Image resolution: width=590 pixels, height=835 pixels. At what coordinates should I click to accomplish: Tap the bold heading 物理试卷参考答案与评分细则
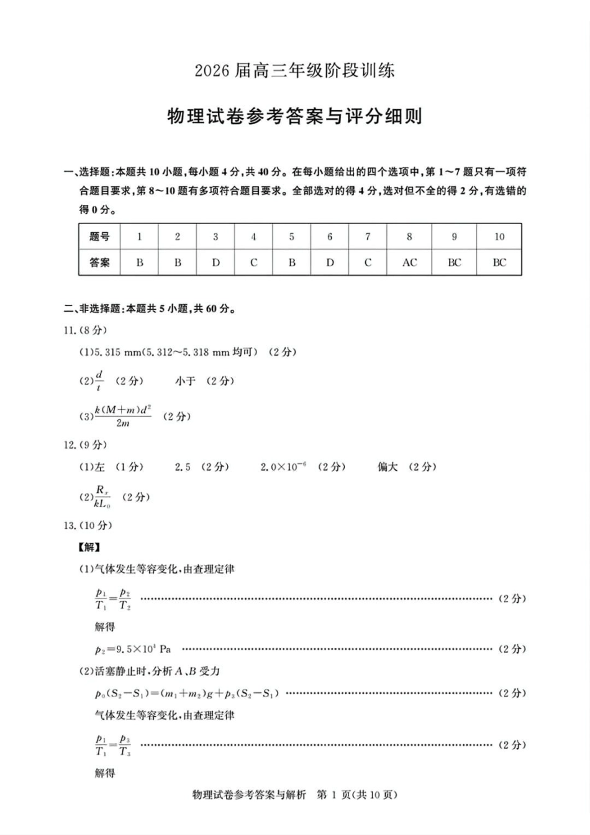pyautogui.click(x=294, y=116)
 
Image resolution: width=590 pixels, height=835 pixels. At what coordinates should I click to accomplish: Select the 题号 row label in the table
pyautogui.click(x=99, y=237)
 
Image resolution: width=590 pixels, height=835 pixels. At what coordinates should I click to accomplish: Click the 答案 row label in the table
pyautogui.click(x=99, y=263)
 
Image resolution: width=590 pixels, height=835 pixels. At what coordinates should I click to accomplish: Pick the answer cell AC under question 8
pyautogui.click(x=409, y=263)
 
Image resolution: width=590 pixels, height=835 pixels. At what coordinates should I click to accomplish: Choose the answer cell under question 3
pyautogui.click(x=216, y=263)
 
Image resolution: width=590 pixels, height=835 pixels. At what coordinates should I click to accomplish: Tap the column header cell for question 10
pyautogui.click(x=499, y=237)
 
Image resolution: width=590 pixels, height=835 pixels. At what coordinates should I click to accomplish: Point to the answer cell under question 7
pyautogui.click(x=368, y=263)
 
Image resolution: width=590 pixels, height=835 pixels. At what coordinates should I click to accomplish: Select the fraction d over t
pyautogui.click(x=99, y=381)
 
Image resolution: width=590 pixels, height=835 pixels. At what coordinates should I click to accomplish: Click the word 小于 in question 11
pyautogui.click(x=185, y=381)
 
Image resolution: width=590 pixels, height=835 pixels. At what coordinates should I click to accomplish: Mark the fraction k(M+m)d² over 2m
pyautogui.click(x=123, y=416)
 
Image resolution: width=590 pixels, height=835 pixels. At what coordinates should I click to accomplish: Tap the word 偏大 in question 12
pyautogui.click(x=388, y=467)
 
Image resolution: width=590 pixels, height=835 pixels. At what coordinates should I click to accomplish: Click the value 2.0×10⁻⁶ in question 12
pyautogui.click(x=283, y=467)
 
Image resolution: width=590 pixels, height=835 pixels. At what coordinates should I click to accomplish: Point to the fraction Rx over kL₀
pyautogui.click(x=102, y=497)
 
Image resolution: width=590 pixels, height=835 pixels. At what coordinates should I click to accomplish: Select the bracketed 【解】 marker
pyautogui.click(x=89, y=547)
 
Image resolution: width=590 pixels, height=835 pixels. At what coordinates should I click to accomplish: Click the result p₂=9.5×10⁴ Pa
pyautogui.click(x=133, y=649)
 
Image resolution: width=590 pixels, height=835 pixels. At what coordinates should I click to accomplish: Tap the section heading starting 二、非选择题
pyautogui.click(x=149, y=309)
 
